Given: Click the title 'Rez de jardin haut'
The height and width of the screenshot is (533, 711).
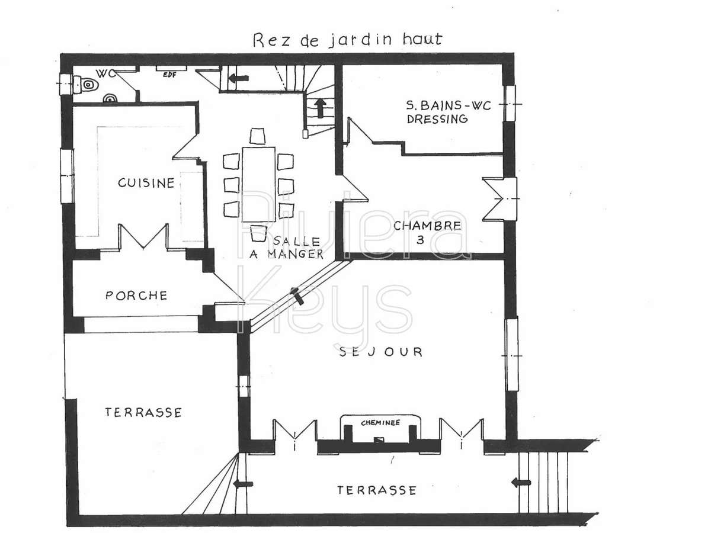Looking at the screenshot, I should coord(347,40).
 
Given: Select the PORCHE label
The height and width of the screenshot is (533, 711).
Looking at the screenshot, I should coord(136,295).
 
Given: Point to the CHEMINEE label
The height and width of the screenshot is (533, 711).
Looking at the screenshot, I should coord(381,423).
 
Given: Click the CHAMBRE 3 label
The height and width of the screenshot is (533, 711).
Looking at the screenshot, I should coord(427,231).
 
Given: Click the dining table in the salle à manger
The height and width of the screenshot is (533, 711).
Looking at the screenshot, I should coord(258,184).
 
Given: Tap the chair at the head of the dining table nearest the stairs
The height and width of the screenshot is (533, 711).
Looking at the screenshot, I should coord(258,136).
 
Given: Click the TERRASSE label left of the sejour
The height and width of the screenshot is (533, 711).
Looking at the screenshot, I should coord(143,412).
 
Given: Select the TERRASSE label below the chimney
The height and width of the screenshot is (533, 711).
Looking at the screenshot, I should coord(376,490).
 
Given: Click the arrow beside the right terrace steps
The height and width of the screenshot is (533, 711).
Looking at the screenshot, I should coord(521,483).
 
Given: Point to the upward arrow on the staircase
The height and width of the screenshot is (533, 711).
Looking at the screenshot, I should coord(321,107).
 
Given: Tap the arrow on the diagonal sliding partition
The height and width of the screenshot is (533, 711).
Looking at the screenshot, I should coord(298,296).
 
